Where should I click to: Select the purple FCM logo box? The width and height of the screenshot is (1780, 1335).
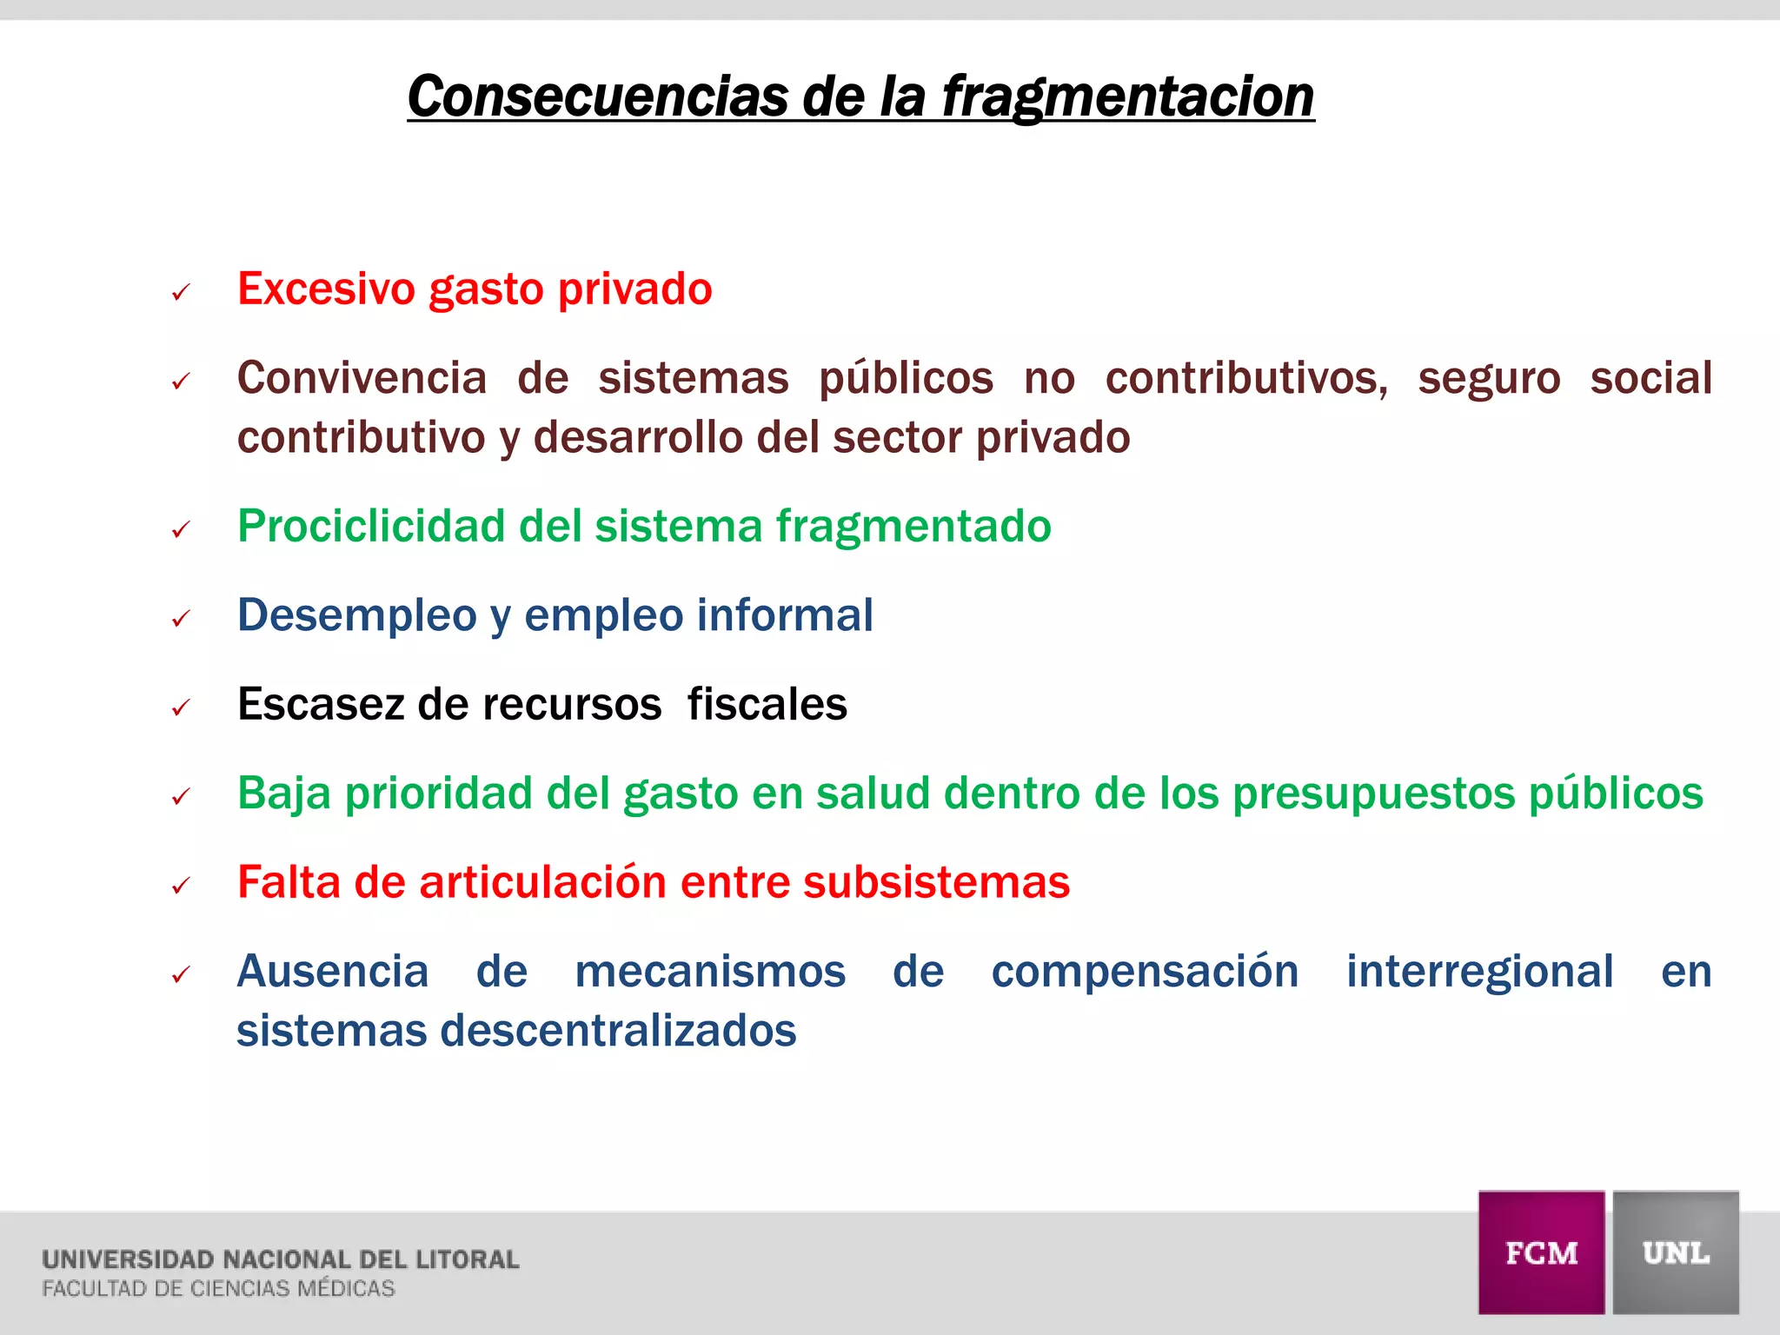click(1541, 1252)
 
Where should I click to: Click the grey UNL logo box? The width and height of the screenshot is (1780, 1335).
click(1676, 1252)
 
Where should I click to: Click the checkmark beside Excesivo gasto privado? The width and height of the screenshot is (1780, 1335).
click(181, 293)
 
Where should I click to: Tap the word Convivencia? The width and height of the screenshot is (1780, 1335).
click(362, 378)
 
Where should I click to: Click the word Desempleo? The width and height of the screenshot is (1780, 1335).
click(356, 615)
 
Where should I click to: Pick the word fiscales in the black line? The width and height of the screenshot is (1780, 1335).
click(767, 704)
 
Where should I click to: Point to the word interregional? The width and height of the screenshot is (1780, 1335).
click(1479, 971)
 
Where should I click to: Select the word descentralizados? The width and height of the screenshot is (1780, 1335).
click(618, 1031)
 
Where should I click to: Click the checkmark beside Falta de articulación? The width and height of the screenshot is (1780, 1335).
click(181, 887)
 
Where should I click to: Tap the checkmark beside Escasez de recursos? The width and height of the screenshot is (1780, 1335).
click(181, 708)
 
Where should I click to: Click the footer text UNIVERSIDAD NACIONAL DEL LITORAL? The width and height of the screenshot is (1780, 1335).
click(280, 1259)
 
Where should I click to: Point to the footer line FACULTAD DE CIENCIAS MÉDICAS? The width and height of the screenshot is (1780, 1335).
click(218, 1288)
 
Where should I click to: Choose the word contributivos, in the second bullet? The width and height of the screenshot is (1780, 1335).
click(1246, 378)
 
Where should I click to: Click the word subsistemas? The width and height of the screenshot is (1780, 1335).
click(936, 882)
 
